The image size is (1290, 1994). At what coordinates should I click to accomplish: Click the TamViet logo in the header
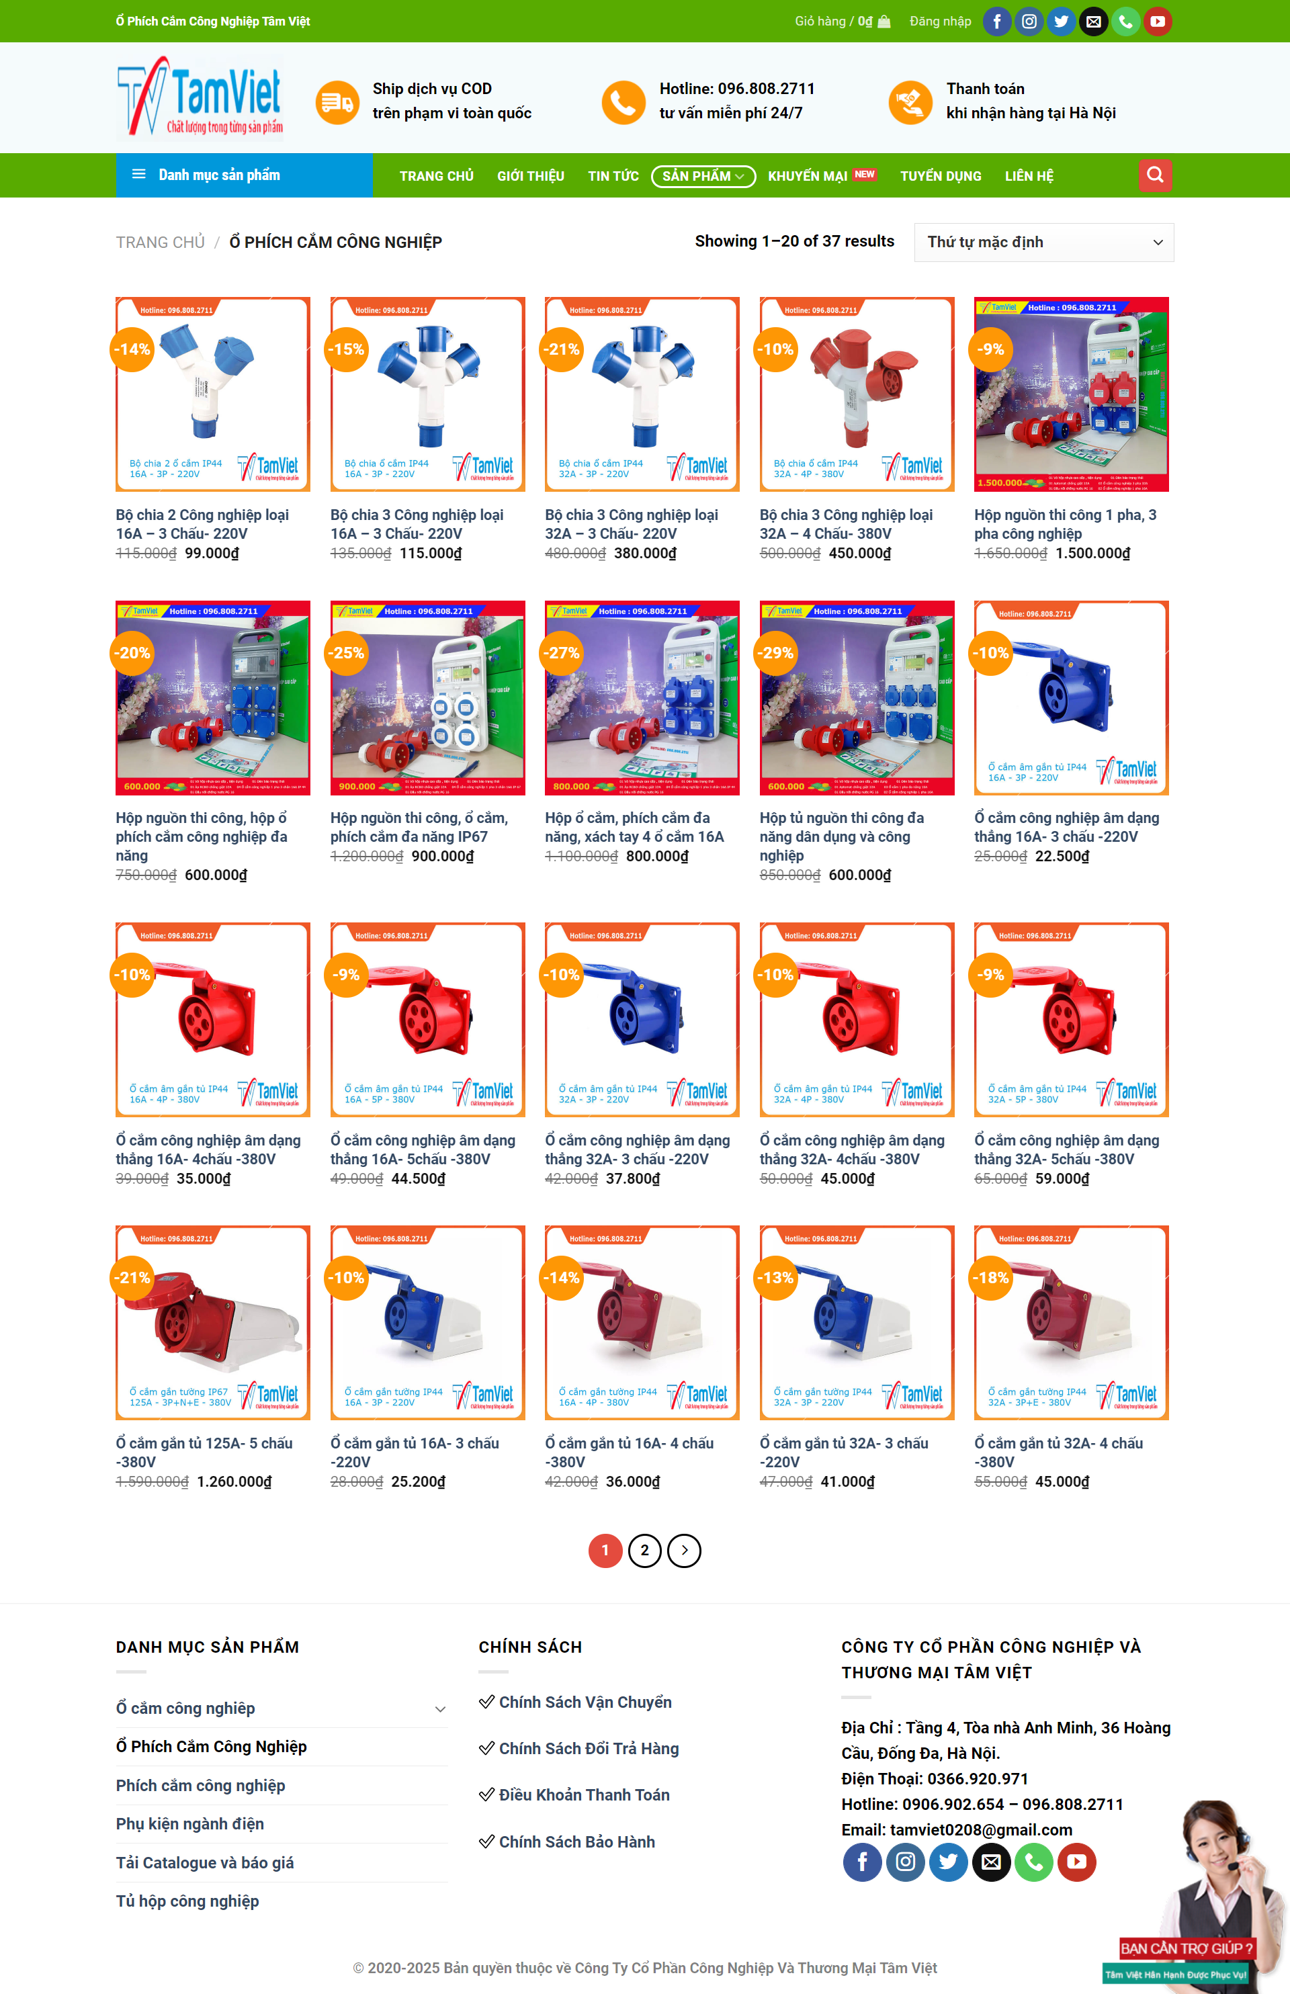200,97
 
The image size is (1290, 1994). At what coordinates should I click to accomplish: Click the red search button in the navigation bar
1154,175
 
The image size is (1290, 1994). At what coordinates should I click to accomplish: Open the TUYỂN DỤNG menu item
940,176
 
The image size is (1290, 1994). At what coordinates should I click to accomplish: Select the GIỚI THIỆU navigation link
530,176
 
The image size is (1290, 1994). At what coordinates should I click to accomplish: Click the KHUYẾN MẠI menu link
808,176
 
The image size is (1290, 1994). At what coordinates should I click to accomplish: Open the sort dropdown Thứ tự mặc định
1043,242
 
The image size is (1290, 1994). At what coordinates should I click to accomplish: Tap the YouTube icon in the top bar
1157,21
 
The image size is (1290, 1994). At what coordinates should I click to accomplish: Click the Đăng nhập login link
940,21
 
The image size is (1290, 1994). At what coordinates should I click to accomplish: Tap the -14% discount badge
132,349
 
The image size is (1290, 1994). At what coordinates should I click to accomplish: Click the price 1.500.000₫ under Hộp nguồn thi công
1092,554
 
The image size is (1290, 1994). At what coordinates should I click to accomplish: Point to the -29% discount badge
775,652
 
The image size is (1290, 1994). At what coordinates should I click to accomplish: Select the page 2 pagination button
644,1550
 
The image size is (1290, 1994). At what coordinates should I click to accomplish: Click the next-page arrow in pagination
683,1550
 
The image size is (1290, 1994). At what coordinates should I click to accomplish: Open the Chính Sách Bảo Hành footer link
576,1841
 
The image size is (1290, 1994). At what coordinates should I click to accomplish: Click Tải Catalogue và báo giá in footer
204,1862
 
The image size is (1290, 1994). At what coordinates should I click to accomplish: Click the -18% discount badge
990,1278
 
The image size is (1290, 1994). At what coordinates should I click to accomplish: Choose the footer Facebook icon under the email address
861,1862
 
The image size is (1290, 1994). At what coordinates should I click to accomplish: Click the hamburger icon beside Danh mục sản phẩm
139,174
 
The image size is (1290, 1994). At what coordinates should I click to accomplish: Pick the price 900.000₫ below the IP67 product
442,856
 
